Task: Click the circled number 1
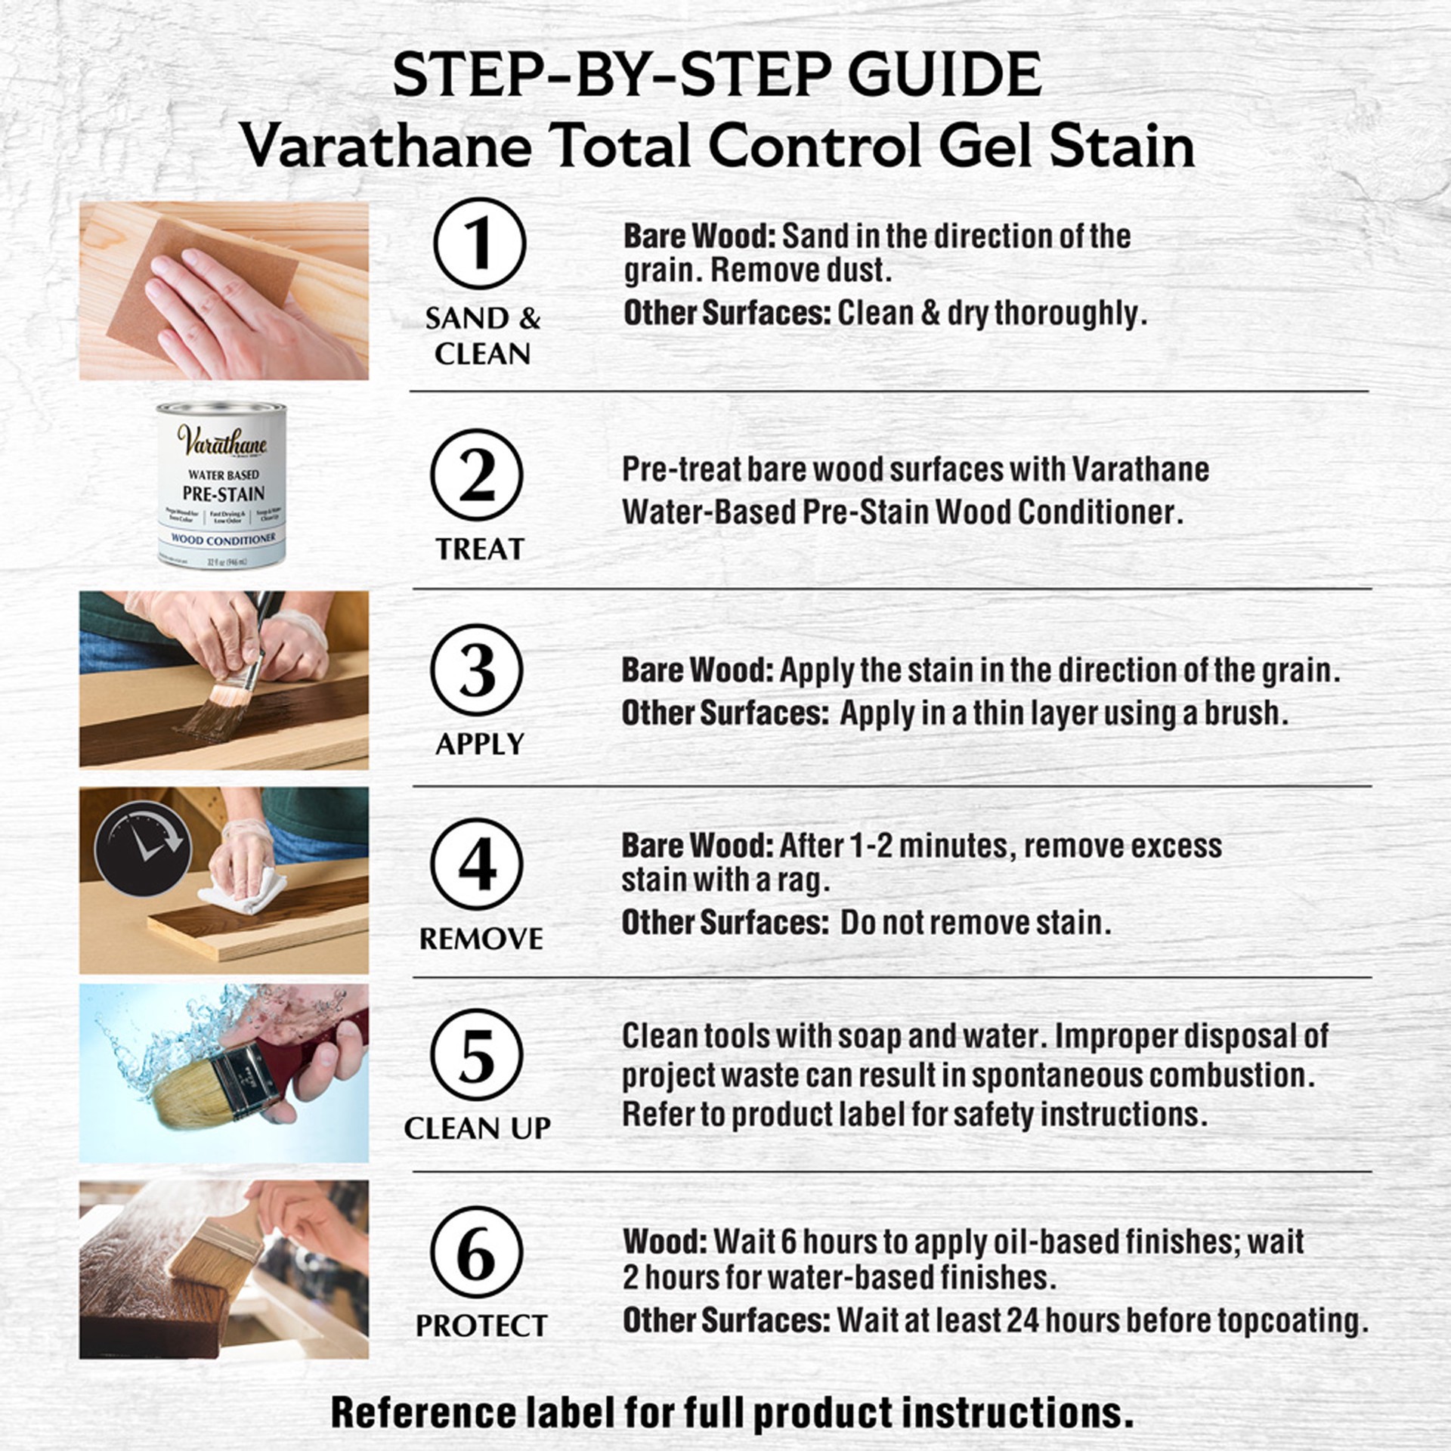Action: click(479, 243)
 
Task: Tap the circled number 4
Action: click(476, 864)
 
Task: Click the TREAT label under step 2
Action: click(479, 549)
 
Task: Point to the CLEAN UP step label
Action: click(477, 1128)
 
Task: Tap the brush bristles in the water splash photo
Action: click(189, 1097)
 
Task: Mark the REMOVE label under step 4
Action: click(481, 939)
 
